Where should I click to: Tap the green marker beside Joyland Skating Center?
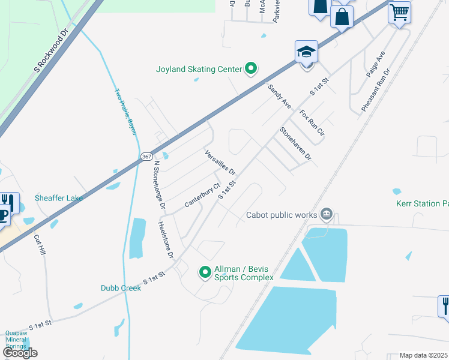[x=252, y=70]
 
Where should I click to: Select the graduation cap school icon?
[x=306, y=52]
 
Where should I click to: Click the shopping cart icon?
[x=399, y=11]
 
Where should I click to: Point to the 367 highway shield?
[x=147, y=156]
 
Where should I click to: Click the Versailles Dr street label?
[x=220, y=162]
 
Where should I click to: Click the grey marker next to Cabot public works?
[x=327, y=214]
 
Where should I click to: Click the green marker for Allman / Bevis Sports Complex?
[x=205, y=273]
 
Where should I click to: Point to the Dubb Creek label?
[x=121, y=288]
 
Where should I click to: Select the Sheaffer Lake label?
[x=58, y=197]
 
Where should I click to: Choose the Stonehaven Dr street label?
[x=296, y=144]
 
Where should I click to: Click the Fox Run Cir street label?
[x=312, y=122]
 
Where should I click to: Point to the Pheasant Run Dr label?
[x=376, y=90]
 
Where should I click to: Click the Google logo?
[x=20, y=353]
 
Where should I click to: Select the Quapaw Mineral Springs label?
[x=16, y=340]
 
